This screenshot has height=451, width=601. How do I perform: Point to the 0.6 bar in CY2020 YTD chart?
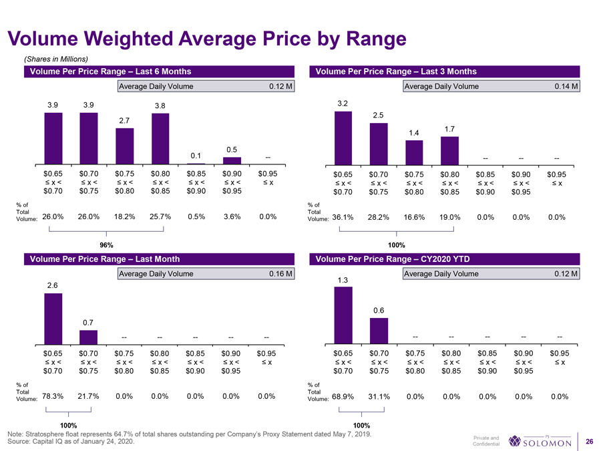(x=379, y=329)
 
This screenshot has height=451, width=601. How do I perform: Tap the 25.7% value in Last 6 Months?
(x=160, y=216)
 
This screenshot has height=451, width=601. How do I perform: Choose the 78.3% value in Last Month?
(x=53, y=396)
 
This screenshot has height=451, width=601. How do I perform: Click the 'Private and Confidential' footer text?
(x=485, y=441)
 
